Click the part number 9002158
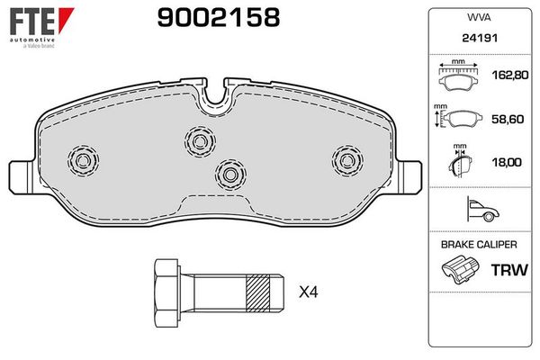click(219, 18)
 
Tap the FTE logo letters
click(32, 22)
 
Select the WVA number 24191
click(480, 38)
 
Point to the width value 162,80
click(510, 75)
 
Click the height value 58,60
click(508, 119)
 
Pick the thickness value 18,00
click(507, 162)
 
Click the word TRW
click(509, 270)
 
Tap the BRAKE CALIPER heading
click(479, 245)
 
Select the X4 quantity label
click(308, 292)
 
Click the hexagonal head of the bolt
click(166, 293)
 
